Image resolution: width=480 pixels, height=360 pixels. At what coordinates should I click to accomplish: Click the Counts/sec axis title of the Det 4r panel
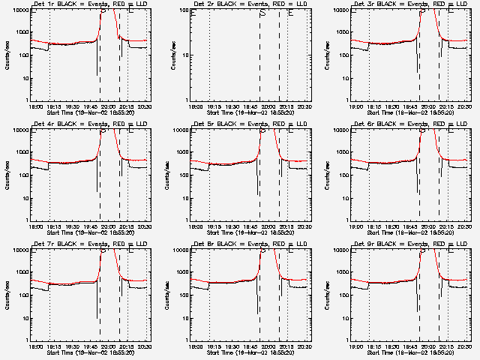point(7,175)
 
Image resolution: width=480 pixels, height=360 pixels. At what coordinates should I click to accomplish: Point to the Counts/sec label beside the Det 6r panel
point(328,175)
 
